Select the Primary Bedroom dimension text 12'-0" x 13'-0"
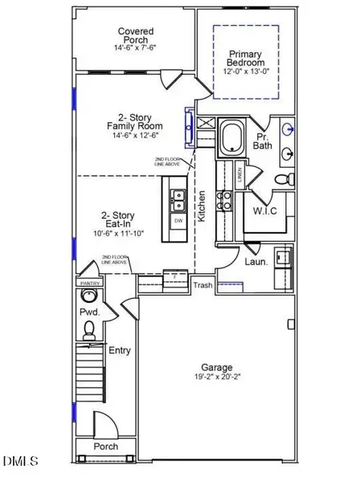246,71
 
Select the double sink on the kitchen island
177,198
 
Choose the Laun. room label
256,261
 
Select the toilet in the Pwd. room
90,328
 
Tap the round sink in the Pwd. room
88,296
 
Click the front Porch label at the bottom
105,447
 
